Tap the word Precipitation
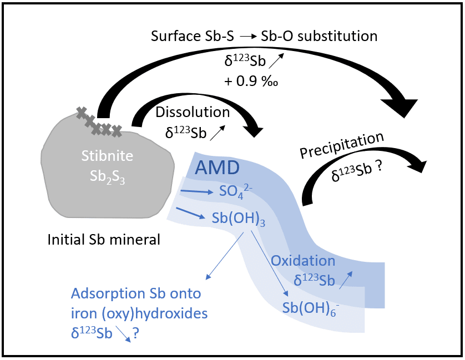point(342,146)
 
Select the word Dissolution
point(193,112)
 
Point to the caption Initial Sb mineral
point(104,240)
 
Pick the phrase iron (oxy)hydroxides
point(139,313)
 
